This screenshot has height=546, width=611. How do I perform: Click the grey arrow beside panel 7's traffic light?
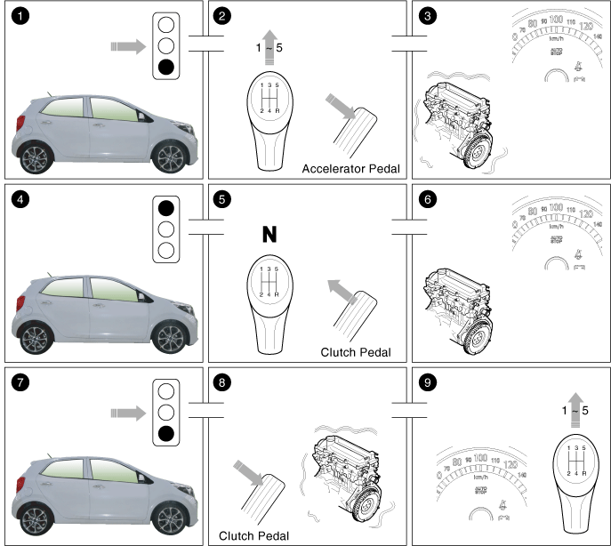point(129,412)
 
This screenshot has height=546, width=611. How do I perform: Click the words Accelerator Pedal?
point(350,167)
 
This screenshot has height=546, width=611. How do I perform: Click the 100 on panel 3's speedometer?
point(557,19)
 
